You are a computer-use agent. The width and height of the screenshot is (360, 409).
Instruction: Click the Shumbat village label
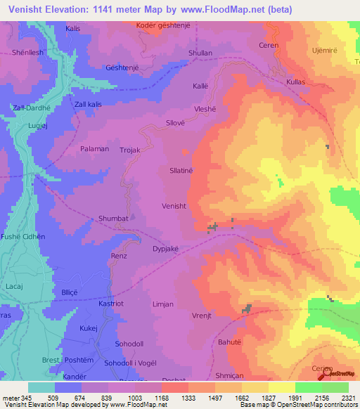113,219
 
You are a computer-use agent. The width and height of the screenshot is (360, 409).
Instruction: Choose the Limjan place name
164,304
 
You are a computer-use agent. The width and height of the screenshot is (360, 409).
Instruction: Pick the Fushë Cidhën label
22,237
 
